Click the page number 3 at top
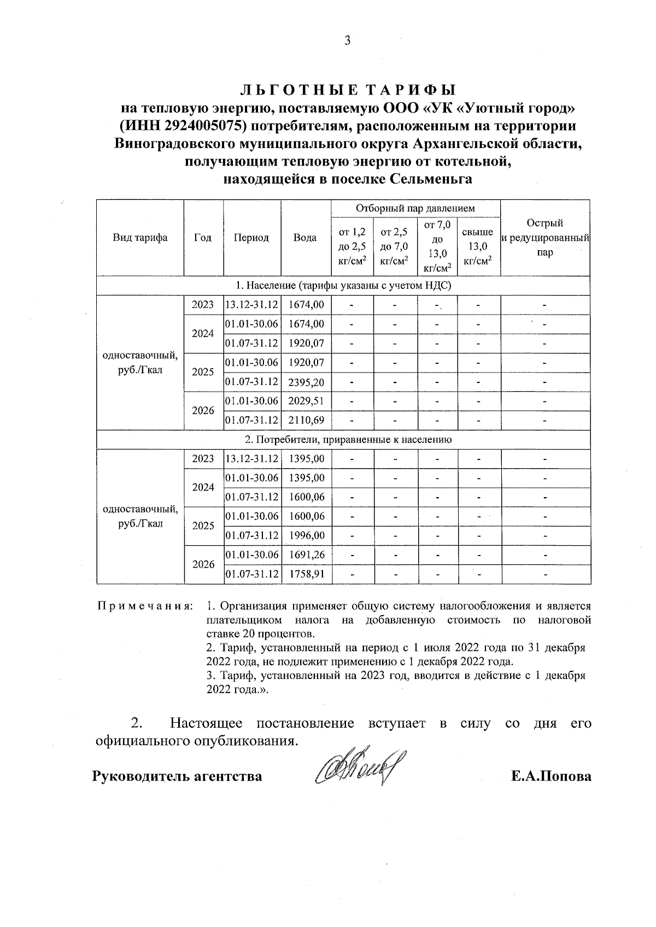347,40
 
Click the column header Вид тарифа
140,238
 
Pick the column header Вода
305,238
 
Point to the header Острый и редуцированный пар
544,238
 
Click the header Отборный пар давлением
415,208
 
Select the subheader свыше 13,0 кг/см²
478,247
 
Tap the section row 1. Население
343,285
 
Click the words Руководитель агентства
177,776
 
